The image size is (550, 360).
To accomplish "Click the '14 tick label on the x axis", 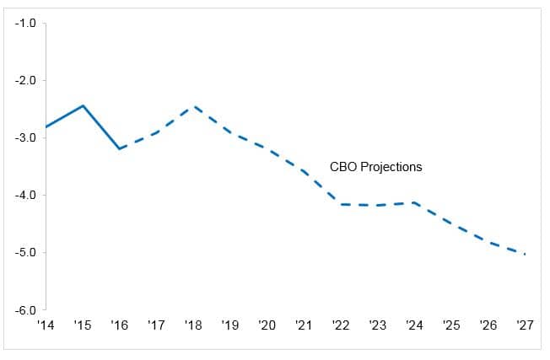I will point(45,325).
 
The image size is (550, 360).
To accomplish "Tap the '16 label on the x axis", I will point(120,325).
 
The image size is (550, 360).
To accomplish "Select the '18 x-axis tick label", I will point(194,325).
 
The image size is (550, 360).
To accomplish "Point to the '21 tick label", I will point(304,325).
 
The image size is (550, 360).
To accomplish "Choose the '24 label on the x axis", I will point(414,325).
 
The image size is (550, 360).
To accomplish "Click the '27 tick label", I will point(525,325).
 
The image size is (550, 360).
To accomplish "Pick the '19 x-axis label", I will point(230,325).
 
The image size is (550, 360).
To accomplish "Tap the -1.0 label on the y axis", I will point(24,23).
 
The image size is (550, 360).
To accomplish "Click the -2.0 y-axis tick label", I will point(24,80).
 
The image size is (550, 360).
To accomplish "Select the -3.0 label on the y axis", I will point(24,137).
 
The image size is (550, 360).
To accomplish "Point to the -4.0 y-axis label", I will point(24,195).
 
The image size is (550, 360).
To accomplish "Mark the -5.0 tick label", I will point(24,252).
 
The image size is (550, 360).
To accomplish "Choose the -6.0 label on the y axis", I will point(24,309).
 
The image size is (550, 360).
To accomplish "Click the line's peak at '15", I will point(83,105).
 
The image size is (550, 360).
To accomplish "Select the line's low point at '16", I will point(120,148).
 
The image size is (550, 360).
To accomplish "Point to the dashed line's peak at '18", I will point(194,106).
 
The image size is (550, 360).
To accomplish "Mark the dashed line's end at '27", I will point(525,254).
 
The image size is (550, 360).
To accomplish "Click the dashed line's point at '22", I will point(341,204).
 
